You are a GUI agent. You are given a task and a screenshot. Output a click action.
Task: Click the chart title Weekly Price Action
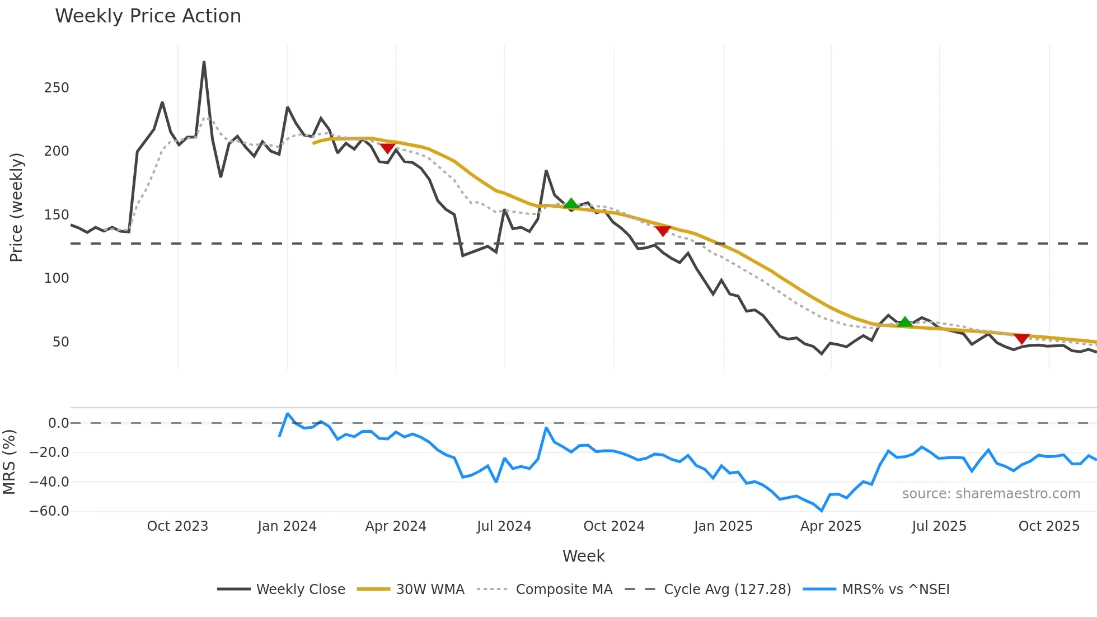(x=148, y=16)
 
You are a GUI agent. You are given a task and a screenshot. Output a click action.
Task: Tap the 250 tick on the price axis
(x=57, y=88)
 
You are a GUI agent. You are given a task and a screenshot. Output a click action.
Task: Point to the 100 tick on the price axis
(x=57, y=278)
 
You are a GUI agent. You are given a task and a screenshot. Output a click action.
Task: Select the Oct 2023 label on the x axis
(x=177, y=526)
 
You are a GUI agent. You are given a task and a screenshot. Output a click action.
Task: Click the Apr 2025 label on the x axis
(x=831, y=526)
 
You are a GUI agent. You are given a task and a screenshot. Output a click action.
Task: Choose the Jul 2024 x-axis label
(x=504, y=526)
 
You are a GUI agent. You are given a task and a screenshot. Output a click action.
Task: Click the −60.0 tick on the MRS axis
(x=49, y=511)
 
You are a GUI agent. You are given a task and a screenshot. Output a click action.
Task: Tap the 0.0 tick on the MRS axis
(x=58, y=423)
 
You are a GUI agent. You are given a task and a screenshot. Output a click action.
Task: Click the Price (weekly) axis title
(x=17, y=207)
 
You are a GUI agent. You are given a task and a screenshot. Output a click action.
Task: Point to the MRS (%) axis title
(x=10, y=462)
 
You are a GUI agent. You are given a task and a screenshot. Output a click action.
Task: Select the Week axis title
(x=583, y=556)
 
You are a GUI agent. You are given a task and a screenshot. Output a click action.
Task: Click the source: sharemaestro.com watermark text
(x=991, y=494)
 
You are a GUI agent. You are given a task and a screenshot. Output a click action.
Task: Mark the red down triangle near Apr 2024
(x=387, y=148)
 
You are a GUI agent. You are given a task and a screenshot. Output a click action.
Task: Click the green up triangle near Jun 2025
(x=904, y=322)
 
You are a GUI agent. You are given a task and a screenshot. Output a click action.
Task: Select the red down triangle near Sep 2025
(x=1021, y=339)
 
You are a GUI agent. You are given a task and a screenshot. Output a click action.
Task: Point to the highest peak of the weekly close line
(x=204, y=62)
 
